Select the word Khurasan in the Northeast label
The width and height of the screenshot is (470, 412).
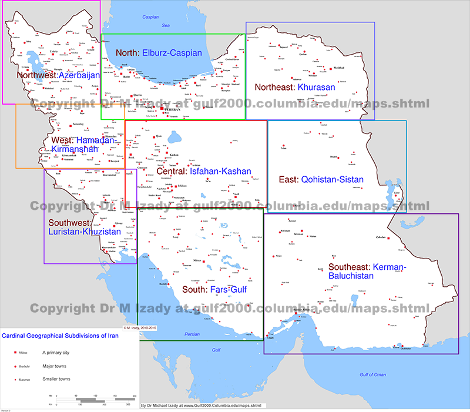coord(316,87)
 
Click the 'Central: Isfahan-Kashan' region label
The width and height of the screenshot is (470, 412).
coord(203,172)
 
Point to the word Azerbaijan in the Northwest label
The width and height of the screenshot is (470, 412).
coord(79,75)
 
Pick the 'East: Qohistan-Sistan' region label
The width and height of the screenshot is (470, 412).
coord(324,179)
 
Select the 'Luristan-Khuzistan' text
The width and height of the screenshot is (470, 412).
coord(85,232)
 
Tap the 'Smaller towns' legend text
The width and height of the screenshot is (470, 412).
coord(56,379)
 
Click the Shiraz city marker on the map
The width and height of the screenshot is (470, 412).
coord(204,260)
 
